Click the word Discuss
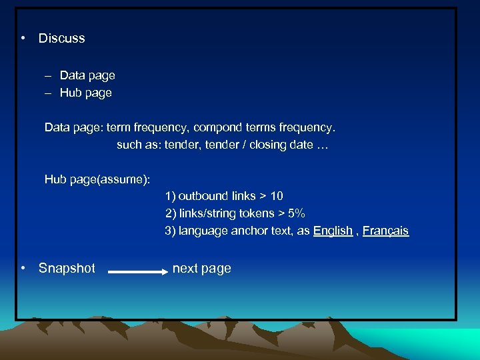pyautogui.click(x=61, y=39)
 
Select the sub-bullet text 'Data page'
pyautogui.click(x=87, y=75)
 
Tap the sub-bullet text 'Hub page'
pyautogui.click(x=86, y=93)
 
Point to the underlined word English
pyautogui.click(x=333, y=231)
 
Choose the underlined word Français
pyautogui.click(x=385, y=231)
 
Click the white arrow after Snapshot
pyautogui.click(x=138, y=272)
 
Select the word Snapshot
pyautogui.click(x=67, y=269)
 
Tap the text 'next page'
pyautogui.click(x=201, y=269)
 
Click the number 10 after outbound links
pyautogui.click(x=277, y=196)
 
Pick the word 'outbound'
pyautogui.click(x=203, y=196)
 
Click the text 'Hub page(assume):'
pyautogui.click(x=97, y=179)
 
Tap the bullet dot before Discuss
pyautogui.click(x=23, y=38)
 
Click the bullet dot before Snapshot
pyautogui.click(x=23, y=268)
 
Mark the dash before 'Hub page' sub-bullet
pyautogui.click(x=48, y=93)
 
